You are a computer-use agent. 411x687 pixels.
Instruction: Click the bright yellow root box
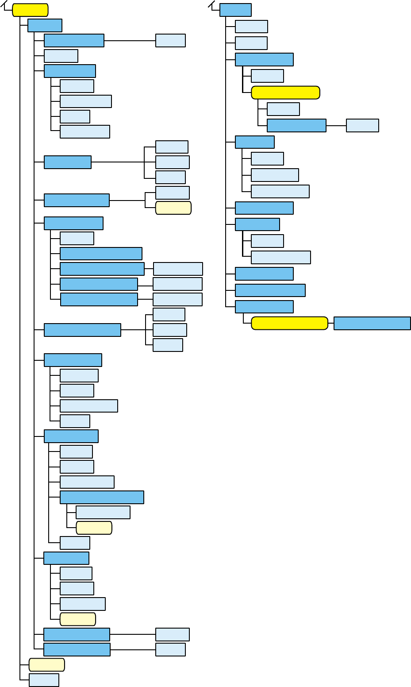click(30, 10)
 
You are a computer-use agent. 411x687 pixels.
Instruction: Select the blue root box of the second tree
click(235, 10)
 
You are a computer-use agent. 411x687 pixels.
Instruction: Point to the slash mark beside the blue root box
click(211, 5)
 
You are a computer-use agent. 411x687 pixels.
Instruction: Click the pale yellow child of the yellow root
click(46, 665)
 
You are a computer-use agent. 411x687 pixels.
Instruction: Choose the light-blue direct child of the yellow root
click(44, 680)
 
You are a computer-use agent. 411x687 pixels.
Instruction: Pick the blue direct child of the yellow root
click(45, 25)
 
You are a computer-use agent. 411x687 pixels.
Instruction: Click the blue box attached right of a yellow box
click(372, 323)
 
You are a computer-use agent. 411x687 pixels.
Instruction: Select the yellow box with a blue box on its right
click(289, 323)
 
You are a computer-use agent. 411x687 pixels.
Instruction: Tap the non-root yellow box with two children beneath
click(285, 93)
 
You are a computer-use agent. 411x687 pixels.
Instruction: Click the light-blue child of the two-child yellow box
click(283, 109)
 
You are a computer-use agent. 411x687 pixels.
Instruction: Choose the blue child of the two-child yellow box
click(296, 125)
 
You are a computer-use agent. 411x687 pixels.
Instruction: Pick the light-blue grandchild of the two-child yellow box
click(362, 125)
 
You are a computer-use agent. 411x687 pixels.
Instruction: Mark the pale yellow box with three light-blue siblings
click(77, 619)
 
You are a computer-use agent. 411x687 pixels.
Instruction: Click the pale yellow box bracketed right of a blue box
click(173, 208)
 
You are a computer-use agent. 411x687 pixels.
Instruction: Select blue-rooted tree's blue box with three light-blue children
click(254, 142)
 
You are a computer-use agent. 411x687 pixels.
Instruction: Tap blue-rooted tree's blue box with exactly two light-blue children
click(257, 224)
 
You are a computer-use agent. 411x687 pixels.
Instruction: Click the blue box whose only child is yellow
click(264, 307)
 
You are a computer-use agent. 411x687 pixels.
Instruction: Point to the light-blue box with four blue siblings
click(77, 238)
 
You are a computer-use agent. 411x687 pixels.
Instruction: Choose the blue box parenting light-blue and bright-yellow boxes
click(264, 59)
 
